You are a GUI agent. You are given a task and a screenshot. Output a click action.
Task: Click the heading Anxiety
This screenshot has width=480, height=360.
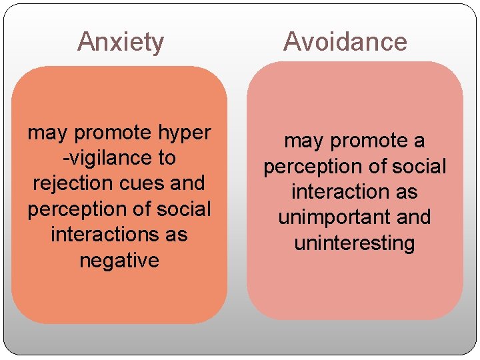[121, 42]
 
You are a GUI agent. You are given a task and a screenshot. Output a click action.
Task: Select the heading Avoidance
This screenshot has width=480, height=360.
[345, 42]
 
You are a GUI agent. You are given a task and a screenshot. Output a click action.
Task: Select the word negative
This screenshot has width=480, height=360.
[119, 261]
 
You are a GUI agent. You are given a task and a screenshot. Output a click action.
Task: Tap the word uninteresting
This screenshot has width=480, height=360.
[354, 243]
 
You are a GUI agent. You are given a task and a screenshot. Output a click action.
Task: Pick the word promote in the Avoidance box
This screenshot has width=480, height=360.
[367, 142]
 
